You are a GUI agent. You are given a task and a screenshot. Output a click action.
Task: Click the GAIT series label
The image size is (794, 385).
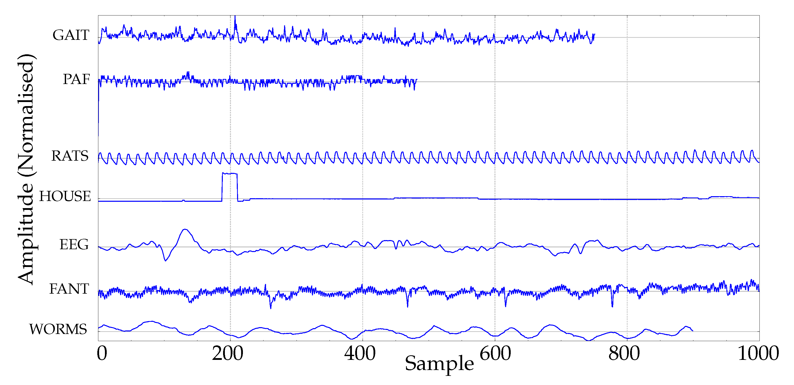71,35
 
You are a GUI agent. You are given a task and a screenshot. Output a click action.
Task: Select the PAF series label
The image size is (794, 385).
76,79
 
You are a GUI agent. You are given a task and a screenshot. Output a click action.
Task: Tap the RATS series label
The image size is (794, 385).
70,156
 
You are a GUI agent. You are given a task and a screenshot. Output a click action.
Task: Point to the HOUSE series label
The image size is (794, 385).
65,196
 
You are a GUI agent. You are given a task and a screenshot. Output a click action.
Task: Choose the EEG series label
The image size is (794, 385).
74,245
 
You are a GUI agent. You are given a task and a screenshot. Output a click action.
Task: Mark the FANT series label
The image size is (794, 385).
69,289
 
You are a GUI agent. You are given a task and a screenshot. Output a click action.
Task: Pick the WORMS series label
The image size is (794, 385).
58,329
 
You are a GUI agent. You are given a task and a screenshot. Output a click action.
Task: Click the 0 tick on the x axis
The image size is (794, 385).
102,353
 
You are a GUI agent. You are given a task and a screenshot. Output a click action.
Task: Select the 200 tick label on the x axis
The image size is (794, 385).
227,353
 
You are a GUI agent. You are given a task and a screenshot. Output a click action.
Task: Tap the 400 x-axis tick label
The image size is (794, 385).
360,353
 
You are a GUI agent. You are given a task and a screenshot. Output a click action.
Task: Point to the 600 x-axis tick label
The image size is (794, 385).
495,353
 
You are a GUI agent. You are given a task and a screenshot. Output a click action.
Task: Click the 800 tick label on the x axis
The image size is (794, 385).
624,353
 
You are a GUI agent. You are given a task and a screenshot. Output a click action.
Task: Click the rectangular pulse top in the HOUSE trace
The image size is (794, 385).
230,174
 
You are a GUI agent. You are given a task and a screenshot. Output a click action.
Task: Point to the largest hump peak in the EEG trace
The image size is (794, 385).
185,229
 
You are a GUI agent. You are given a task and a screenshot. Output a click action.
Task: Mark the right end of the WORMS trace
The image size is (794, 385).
693,331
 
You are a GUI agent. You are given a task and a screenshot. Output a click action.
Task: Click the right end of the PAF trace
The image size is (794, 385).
417,80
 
